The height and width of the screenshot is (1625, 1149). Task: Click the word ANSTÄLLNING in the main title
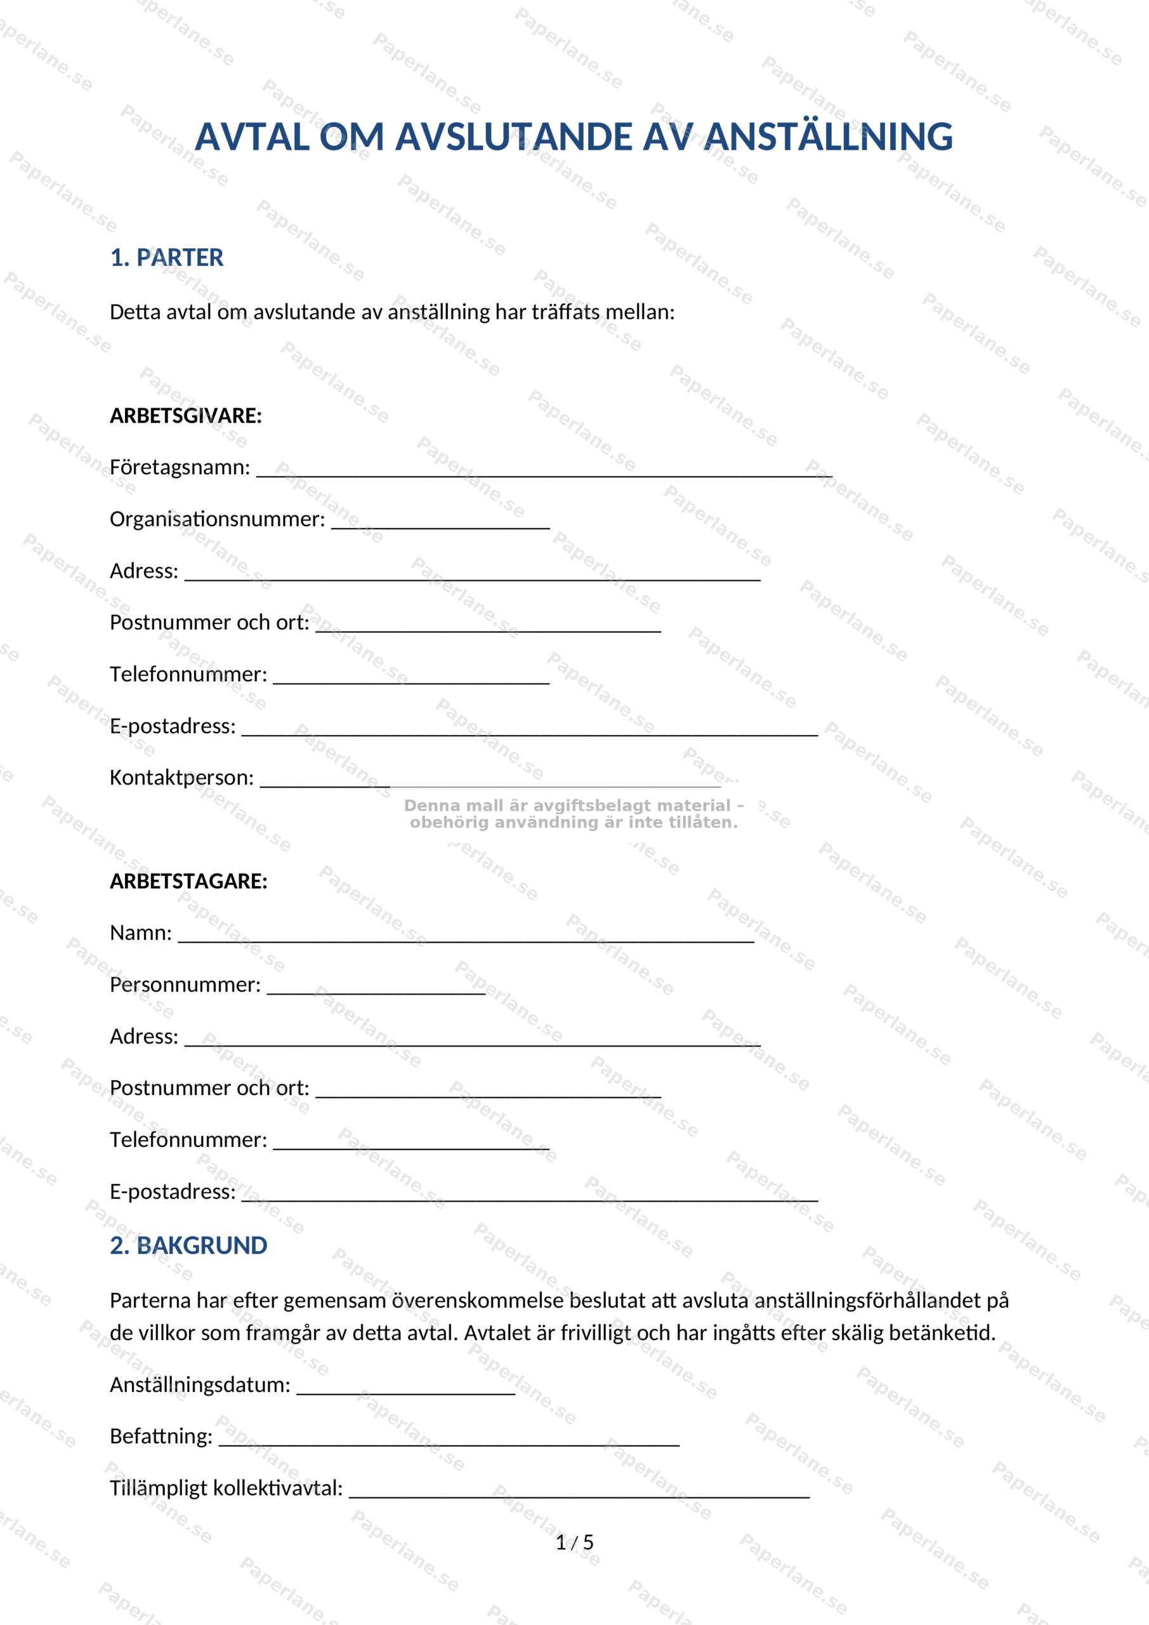click(829, 136)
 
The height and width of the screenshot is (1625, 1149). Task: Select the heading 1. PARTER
click(166, 258)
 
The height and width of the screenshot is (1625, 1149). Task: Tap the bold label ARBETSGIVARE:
click(185, 415)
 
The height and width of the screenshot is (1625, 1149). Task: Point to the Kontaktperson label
click(181, 778)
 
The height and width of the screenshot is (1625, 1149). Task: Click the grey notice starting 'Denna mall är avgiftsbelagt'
click(574, 814)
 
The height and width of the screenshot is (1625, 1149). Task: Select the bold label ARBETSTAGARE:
click(188, 881)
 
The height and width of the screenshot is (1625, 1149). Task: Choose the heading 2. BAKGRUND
click(188, 1245)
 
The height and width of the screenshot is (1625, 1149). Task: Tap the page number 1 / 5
click(575, 1542)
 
